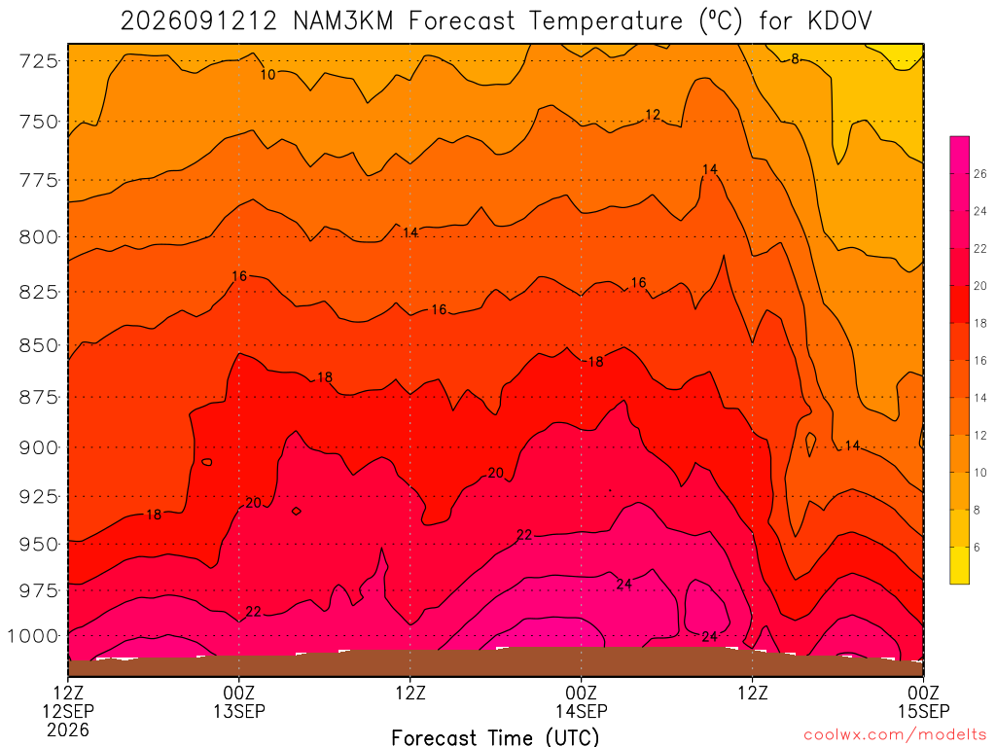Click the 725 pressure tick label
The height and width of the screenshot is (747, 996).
(39, 61)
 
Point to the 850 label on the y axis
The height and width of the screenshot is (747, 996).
(39, 345)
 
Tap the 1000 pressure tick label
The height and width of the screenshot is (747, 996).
(33, 636)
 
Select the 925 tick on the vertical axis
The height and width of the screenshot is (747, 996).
(39, 496)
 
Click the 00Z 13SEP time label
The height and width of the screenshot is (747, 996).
(239, 701)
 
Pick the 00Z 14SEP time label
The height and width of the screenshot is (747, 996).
(582, 701)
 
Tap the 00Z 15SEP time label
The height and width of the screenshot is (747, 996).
(923, 701)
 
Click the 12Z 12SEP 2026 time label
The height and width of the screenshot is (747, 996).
(68, 711)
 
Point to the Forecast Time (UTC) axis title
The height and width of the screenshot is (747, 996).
(495, 737)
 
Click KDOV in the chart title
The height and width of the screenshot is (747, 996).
(839, 21)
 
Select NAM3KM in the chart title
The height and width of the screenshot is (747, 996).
(343, 21)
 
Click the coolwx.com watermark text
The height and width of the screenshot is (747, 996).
(894, 735)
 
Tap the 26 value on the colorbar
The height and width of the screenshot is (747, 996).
(980, 174)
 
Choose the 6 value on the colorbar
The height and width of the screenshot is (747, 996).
(977, 547)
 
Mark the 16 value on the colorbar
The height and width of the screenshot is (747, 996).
(980, 360)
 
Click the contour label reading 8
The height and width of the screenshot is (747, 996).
(795, 59)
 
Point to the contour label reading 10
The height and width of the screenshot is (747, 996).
(268, 74)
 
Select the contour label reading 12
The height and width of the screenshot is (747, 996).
(653, 115)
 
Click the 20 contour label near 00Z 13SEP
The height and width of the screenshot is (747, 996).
(253, 503)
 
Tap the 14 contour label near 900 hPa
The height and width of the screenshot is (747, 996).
(852, 445)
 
